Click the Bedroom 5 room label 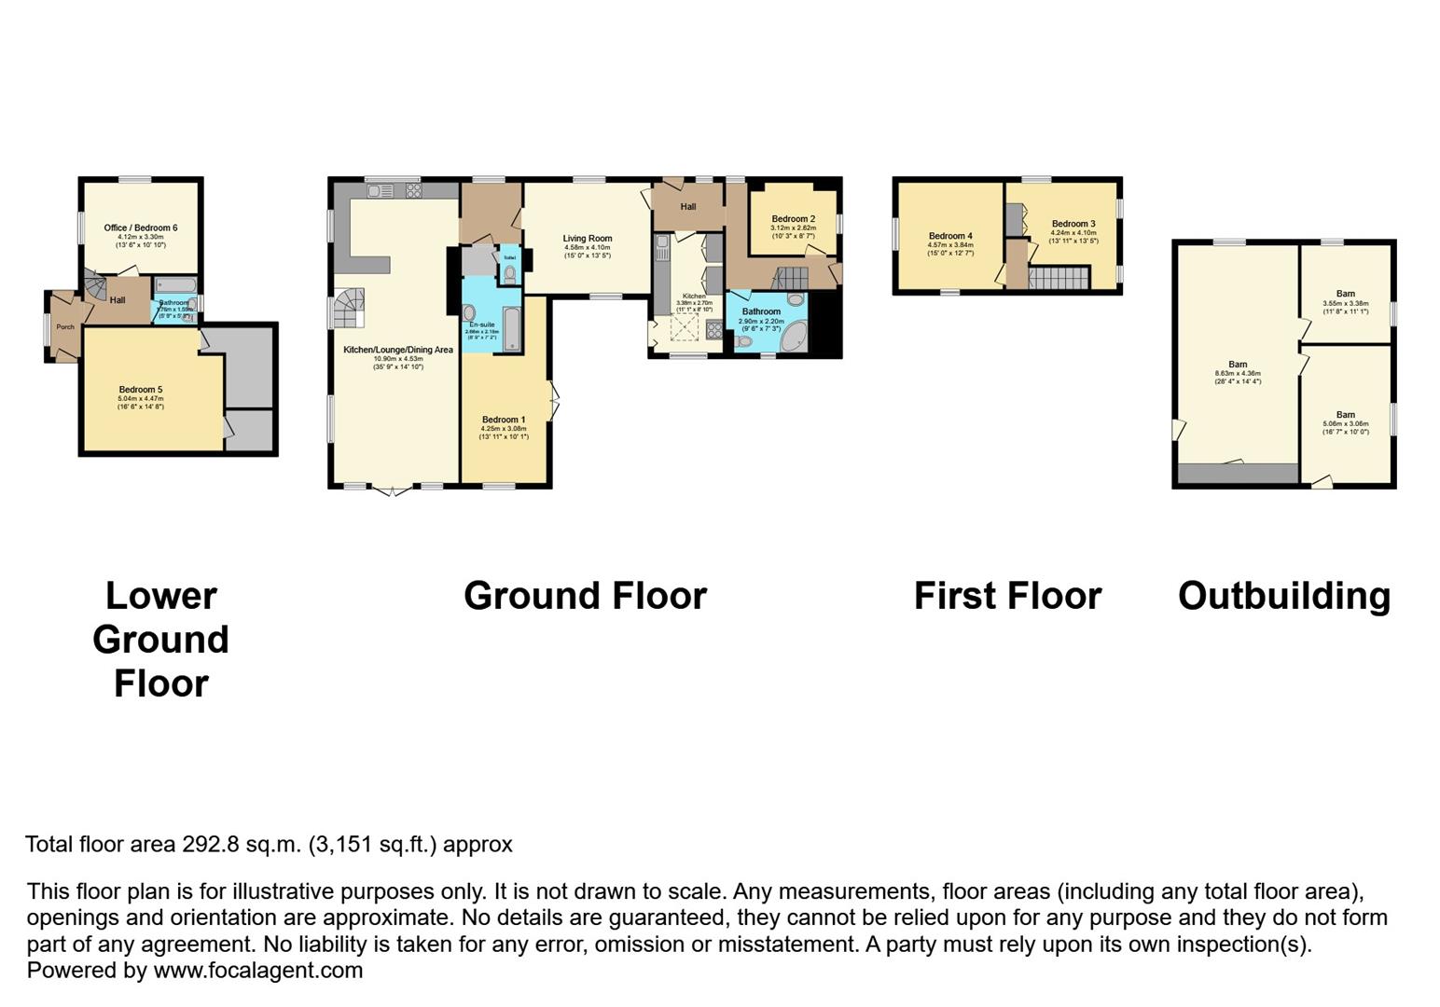pyautogui.click(x=141, y=390)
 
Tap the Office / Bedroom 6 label pyautogui.click(x=141, y=228)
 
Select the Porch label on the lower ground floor pyautogui.click(x=65, y=327)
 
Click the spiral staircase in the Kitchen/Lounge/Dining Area pyautogui.click(x=351, y=307)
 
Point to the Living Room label pyautogui.click(x=587, y=239)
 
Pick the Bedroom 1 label pyautogui.click(x=503, y=420)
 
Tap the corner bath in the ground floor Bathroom pyautogui.click(x=794, y=337)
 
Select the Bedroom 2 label pyautogui.click(x=793, y=219)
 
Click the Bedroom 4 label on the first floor pyautogui.click(x=949, y=236)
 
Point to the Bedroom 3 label pyautogui.click(x=1073, y=224)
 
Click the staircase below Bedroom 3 pyautogui.click(x=1059, y=278)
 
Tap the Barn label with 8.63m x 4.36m pyautogui.click(x=1237, y=365)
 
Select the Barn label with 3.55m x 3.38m pyautogui.click(x=1345, y=294)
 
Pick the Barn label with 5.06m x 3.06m pyautogui.click(x=1345, y=415)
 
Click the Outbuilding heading pyautogui.click(x=1283, y=596)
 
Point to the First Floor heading pyautogui.click(x=1007, y=596)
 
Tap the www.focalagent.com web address pyautogui.click(x=257, y=971)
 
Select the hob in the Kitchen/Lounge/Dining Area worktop pyautogui.click(x=413, y=191)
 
